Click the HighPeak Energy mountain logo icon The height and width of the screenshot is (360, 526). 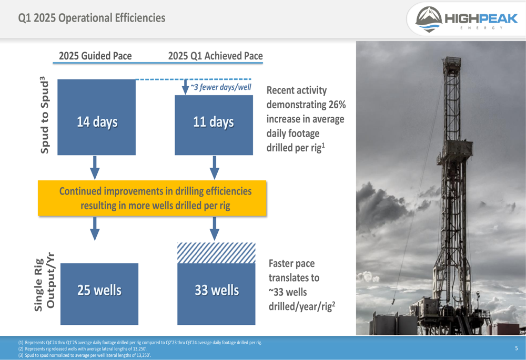click(x=429, y=19)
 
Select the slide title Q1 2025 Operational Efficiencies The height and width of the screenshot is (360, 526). click(x=92, y=18)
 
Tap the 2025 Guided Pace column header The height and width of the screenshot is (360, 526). click(x=95, y=56)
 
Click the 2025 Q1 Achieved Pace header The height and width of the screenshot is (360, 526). click(x=215, y=56)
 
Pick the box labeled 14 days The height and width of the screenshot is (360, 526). click(x=97, y=117)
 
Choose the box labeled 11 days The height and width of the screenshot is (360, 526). click(x=214, y=125)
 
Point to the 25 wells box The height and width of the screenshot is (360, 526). click(x=99, y=294)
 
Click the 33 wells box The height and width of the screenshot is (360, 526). click(x=216, y=294)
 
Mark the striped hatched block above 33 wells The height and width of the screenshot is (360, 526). click(x=216, y=253)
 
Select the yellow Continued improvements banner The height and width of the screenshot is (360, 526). click(x=152, y=198)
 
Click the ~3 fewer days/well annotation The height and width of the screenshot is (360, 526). click(x=221, y=87)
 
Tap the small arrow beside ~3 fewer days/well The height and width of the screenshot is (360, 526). click(x=185, y=87)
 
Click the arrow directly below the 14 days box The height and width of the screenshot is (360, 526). click(x=95, y=168)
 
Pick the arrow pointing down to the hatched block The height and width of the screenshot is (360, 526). click(x=215, y=229)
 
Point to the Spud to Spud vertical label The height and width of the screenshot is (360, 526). click(x=44, y=115)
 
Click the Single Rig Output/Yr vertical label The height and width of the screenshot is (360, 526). click(x=44, y=282)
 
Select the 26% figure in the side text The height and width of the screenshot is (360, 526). click(x=337, y=105)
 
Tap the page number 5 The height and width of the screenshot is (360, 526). click(x=517, y=348)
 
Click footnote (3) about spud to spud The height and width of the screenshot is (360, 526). click(x=85, y=355)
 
